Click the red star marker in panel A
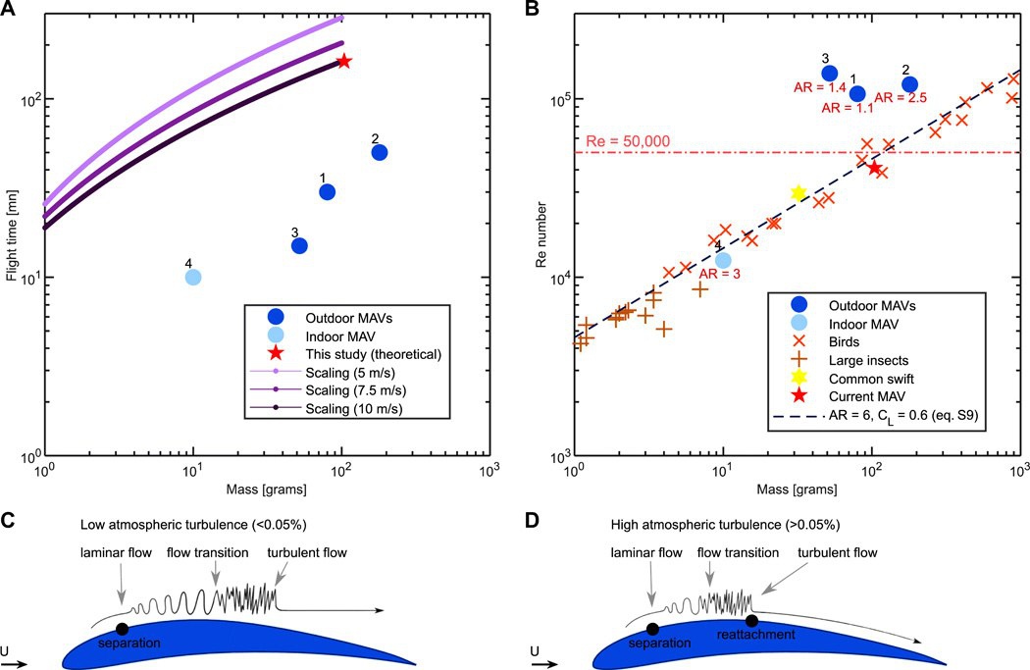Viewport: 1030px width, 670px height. click(x=344, y=61)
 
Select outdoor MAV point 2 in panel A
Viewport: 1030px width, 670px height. click(x=380, y=152)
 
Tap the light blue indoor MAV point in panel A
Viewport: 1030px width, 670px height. click(x=193, y=277)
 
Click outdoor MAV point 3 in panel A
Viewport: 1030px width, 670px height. click(x=299, y=245)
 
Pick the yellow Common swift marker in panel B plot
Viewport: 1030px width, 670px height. click(x=798, y=193)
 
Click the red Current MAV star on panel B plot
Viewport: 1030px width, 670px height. click(x=874, y=168)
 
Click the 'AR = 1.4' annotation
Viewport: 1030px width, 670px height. click(x=817, y=88)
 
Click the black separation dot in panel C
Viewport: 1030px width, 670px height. click(x=122, y=629)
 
